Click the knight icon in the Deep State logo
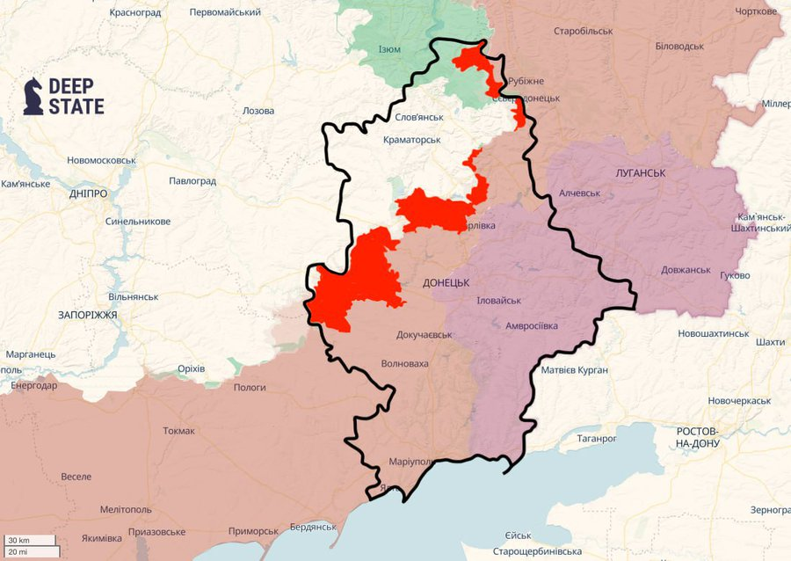pos(33,96)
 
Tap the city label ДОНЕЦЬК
pos(446,283)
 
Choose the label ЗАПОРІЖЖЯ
pos(88,314)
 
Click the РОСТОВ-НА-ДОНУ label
pos(699,437)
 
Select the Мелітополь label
pos(126,510)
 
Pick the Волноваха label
pos(404,363)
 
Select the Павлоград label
pos(192,181)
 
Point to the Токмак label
pos(179,431)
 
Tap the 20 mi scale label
pos(18,551)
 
